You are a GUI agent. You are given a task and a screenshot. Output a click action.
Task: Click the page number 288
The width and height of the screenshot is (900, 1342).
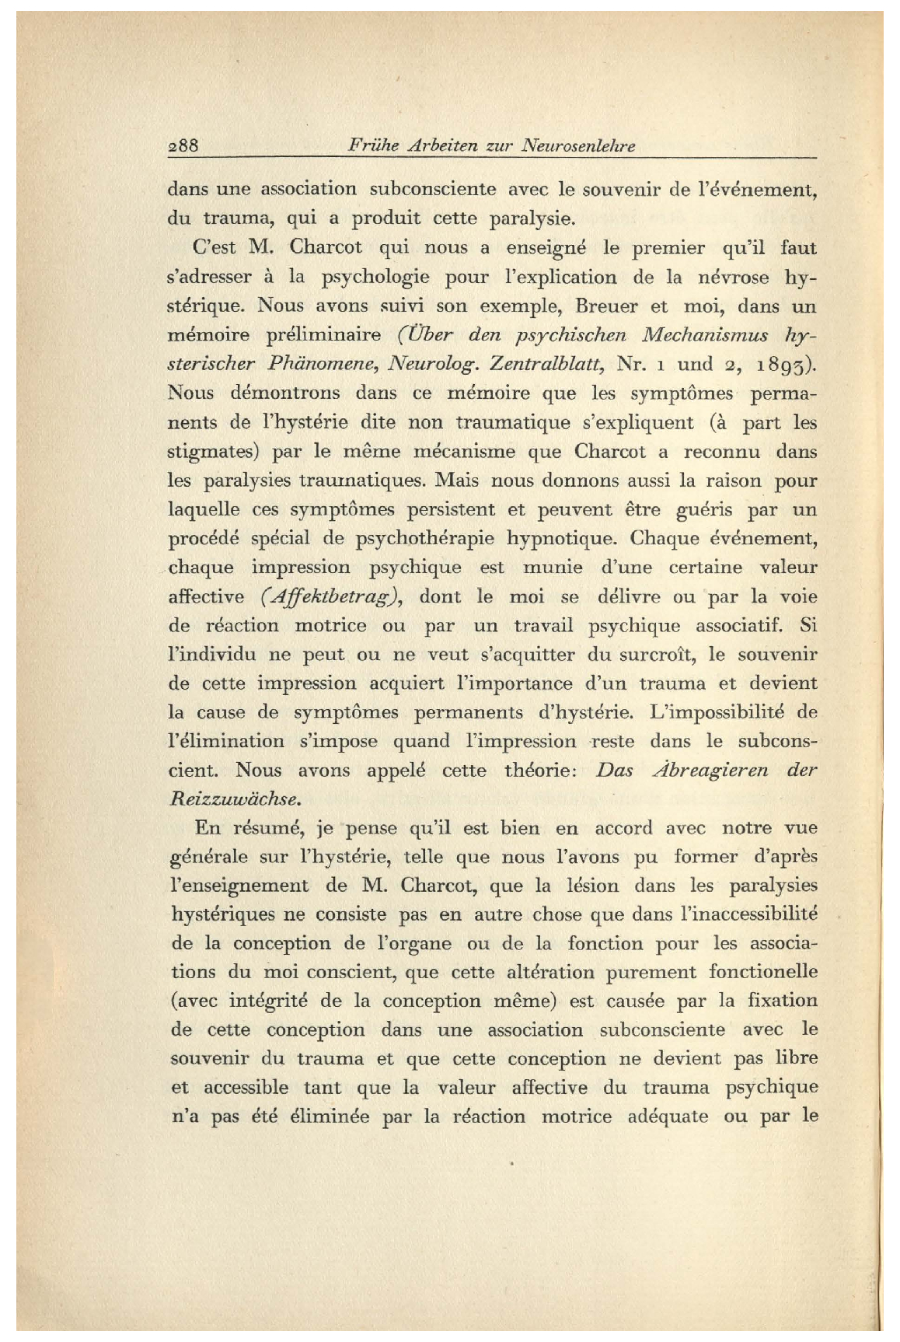coord(184,145)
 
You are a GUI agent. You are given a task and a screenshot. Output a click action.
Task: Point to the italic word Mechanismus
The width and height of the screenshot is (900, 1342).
coord(706,335)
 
